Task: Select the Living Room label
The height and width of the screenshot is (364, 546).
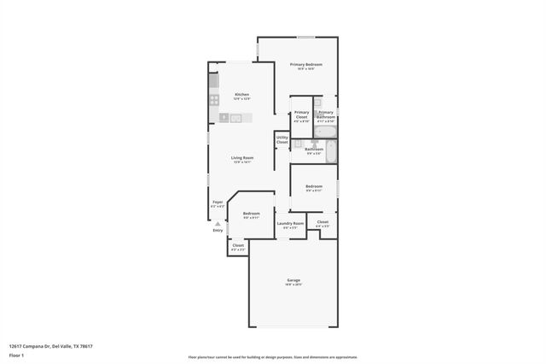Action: (x=242, y=157)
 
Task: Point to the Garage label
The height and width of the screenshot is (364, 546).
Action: (x=293, y=281)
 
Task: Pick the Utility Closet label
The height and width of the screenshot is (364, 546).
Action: (x=282, y=139)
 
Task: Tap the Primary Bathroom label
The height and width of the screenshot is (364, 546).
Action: (x=326, y=114)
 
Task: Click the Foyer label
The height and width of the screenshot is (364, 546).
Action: (x=218, y=203)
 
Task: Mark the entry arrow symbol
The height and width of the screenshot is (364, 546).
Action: (x=218, y=223)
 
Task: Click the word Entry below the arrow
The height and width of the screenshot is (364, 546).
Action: (x=218, y=230)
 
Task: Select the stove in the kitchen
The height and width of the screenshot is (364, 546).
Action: (x=214, y=99)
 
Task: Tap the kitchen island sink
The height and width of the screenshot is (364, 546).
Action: (x=235, y=117)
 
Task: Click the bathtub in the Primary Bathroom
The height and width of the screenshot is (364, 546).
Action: (x=329, y=132)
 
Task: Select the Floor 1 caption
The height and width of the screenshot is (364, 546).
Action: (x=16, y=355)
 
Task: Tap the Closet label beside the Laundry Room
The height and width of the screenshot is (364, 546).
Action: (x=322, y=223)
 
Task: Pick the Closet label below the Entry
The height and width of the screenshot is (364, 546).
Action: (x=238, y=246)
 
